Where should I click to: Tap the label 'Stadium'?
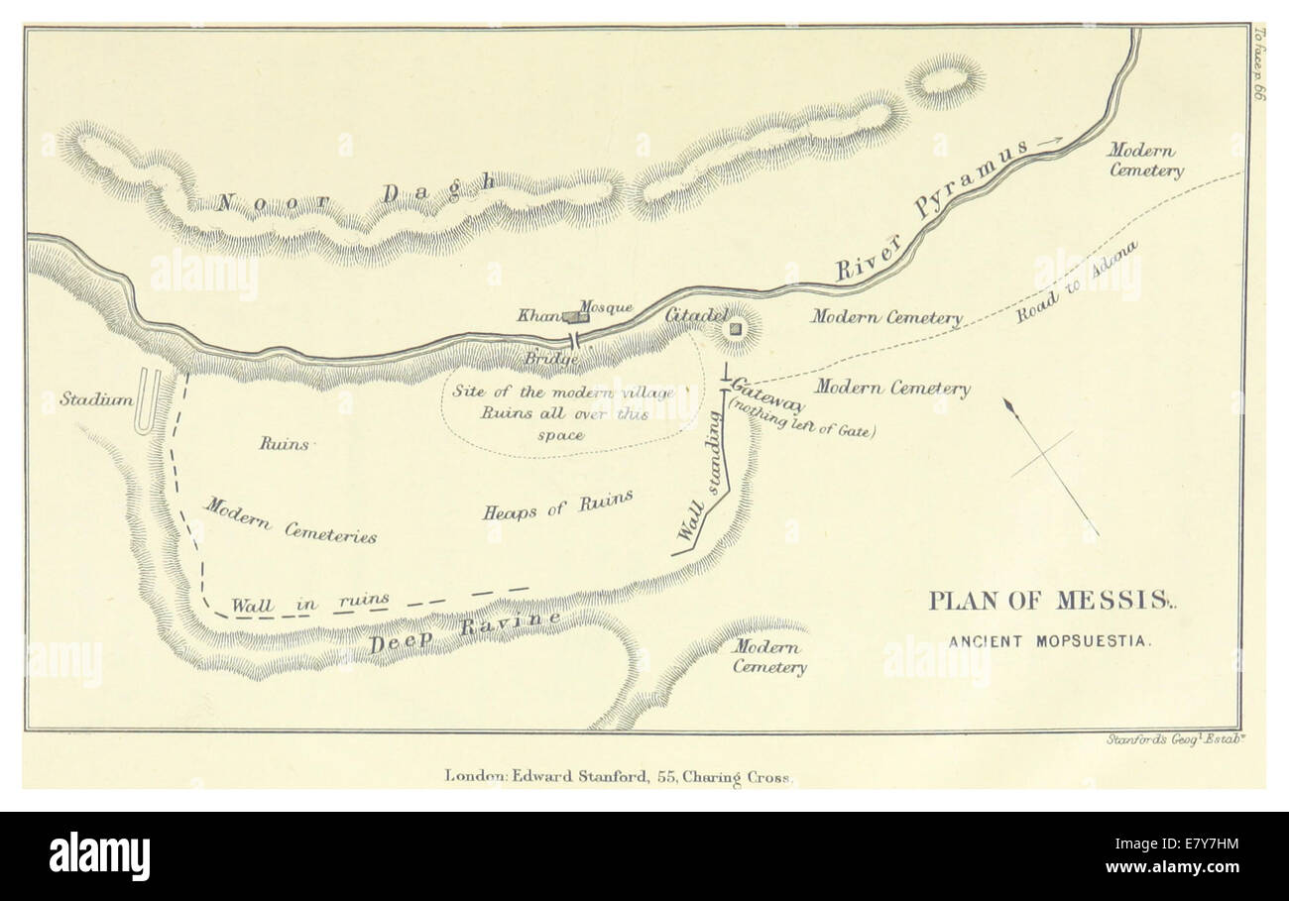coord(96,399)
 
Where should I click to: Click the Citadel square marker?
coord(736,328)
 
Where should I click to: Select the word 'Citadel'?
coord(696,315)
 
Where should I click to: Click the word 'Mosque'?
coord(606,307)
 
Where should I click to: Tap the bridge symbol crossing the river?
coord(573,340)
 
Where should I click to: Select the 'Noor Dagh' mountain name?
coord(355,194)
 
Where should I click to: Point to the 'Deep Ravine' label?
coord(464,632)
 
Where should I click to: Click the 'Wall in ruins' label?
coord(309,602)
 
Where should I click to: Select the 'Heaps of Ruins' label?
coord(557,506)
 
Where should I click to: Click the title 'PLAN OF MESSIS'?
coord(1047,601)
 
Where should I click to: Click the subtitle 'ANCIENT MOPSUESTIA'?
coord(1050,641)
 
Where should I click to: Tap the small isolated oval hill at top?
coord(944,80)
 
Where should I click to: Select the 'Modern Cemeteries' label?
coord(291,520)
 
